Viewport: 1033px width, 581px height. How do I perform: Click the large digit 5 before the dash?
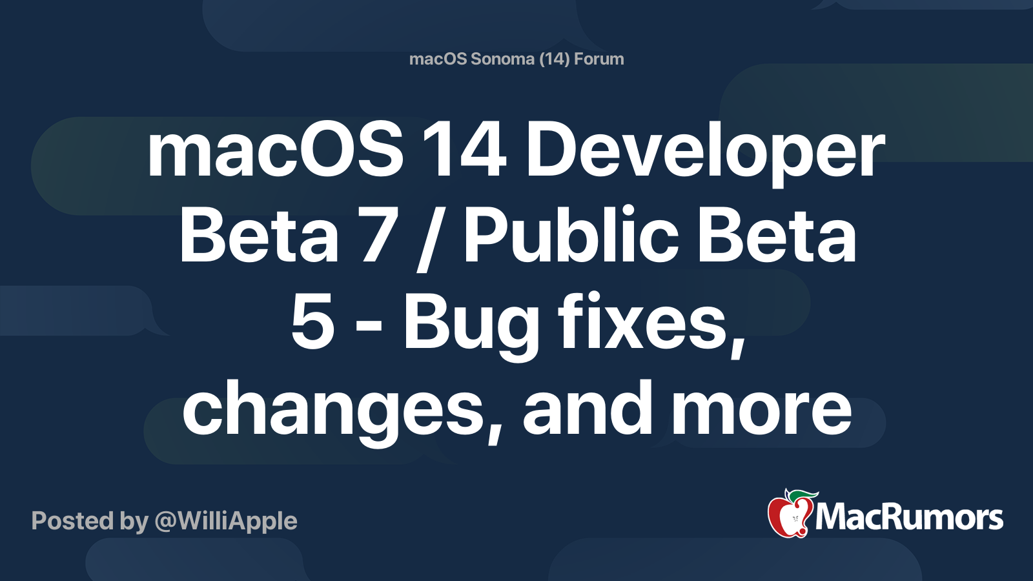[x=312, y=323]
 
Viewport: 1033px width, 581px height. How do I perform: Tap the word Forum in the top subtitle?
[x=599, y=59]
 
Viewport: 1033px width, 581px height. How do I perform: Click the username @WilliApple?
[x=226, y=521]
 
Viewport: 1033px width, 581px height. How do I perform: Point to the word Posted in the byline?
[x=70, y=521]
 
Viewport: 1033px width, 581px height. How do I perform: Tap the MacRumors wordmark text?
[x=909, y=518]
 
